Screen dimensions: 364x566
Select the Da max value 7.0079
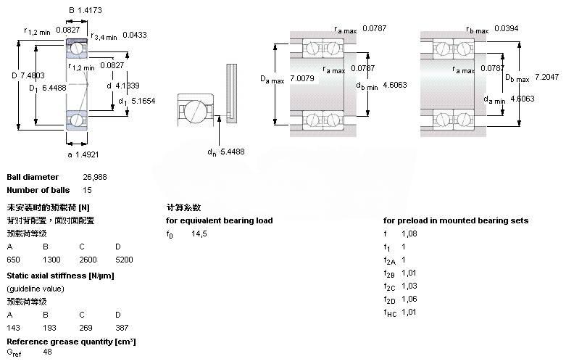pos(304,78)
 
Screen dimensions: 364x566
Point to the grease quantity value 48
pos(47,352)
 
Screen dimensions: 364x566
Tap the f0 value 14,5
pos(199,233)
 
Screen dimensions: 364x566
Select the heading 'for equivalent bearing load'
pos(219,220)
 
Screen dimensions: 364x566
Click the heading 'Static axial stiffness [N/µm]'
pos(60,276)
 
